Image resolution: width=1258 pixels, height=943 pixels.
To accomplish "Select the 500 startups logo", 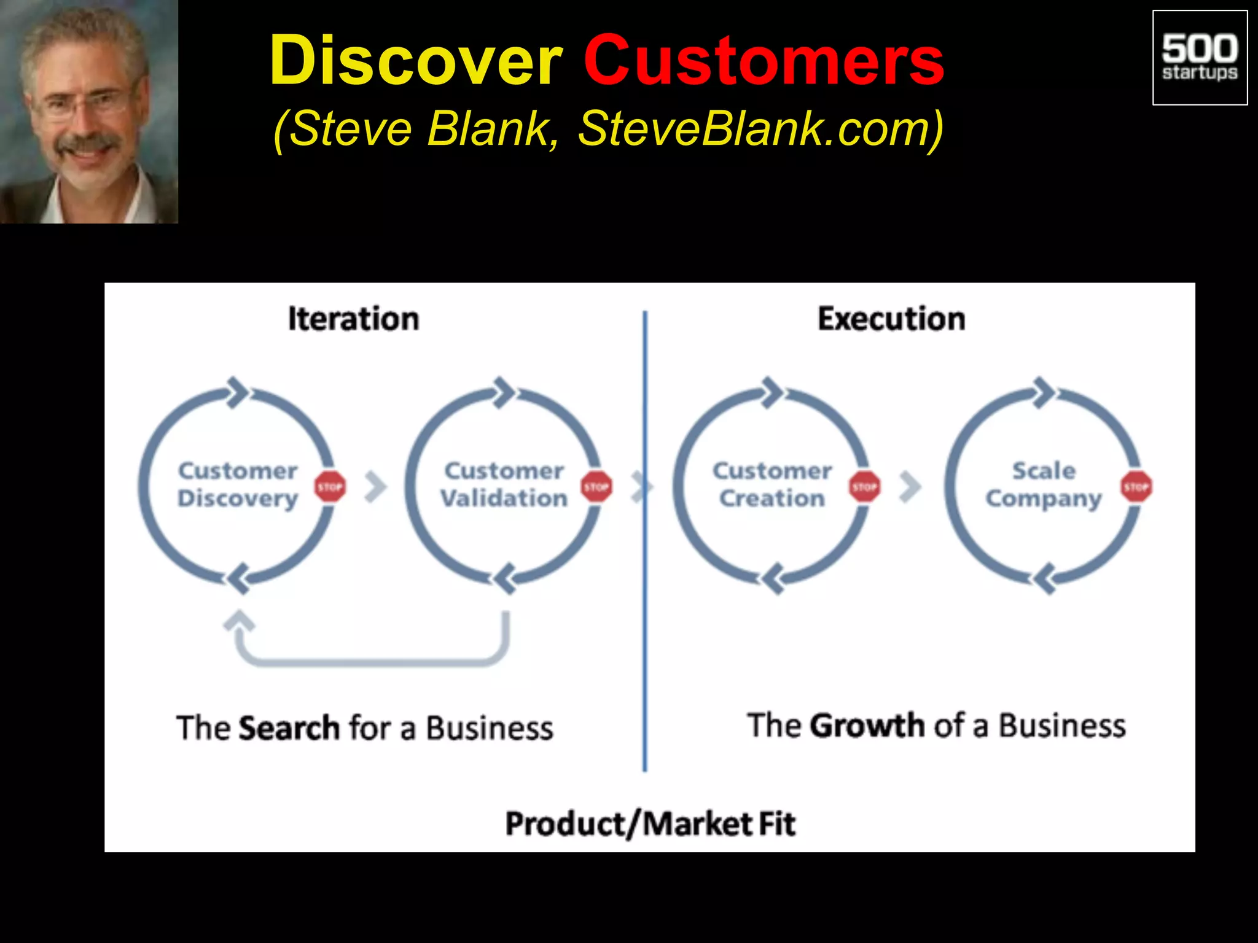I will pyautogui.click(x=1200, y=58).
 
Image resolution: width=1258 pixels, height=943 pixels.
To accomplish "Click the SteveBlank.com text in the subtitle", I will pyautogui.click(x=760, y=129).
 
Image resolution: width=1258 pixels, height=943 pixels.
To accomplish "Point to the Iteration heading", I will pyautogui.click(x=354, y=319).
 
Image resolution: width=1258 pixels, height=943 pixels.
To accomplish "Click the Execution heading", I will pyautogui.click(x=891, y=319).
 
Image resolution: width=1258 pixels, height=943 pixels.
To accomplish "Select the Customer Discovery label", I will pyautogui.click(x=238, y=484).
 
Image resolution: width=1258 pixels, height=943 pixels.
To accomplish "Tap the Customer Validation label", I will pyautogui.click(x=504, y=484).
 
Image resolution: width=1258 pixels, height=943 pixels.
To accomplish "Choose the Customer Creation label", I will pyautogui.click(x=772, y=484).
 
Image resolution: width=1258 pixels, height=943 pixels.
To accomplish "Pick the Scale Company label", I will pyautogui.click(x=1044, y=484).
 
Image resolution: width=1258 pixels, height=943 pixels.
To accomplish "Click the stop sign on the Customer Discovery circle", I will pyautogui.click(x=330, y=487).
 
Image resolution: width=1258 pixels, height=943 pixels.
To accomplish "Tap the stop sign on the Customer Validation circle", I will pyautogui.click(x=596, y=487).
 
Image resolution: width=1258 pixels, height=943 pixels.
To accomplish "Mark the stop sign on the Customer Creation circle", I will pyautogui.click(x=865, y=487).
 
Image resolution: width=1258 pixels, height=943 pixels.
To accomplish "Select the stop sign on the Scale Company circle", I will pyautogui.click(x=1136, y=487).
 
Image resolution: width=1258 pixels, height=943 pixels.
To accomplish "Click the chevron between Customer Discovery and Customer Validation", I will pyautogui.click(x=375, y=487).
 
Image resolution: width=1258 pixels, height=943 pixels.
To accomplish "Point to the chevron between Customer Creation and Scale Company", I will pyautogui.click(x=910, y=487).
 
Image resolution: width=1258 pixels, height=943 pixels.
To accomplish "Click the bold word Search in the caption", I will pyautogui.click(x=289, y=728).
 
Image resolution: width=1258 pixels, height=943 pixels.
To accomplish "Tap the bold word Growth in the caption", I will pyautogui.click(x=867, y=726).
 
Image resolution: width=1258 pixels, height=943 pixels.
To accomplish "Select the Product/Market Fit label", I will pyautogui.click(x=650, y=824).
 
